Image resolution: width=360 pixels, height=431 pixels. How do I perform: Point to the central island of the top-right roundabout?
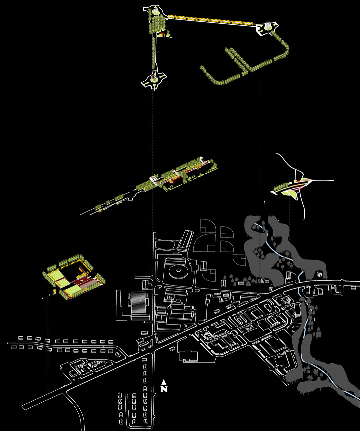267,26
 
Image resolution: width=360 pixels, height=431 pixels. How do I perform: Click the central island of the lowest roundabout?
154,79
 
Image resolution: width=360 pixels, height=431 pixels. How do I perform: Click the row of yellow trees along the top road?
210,20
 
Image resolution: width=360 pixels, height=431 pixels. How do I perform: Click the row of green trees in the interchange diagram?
281,187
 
